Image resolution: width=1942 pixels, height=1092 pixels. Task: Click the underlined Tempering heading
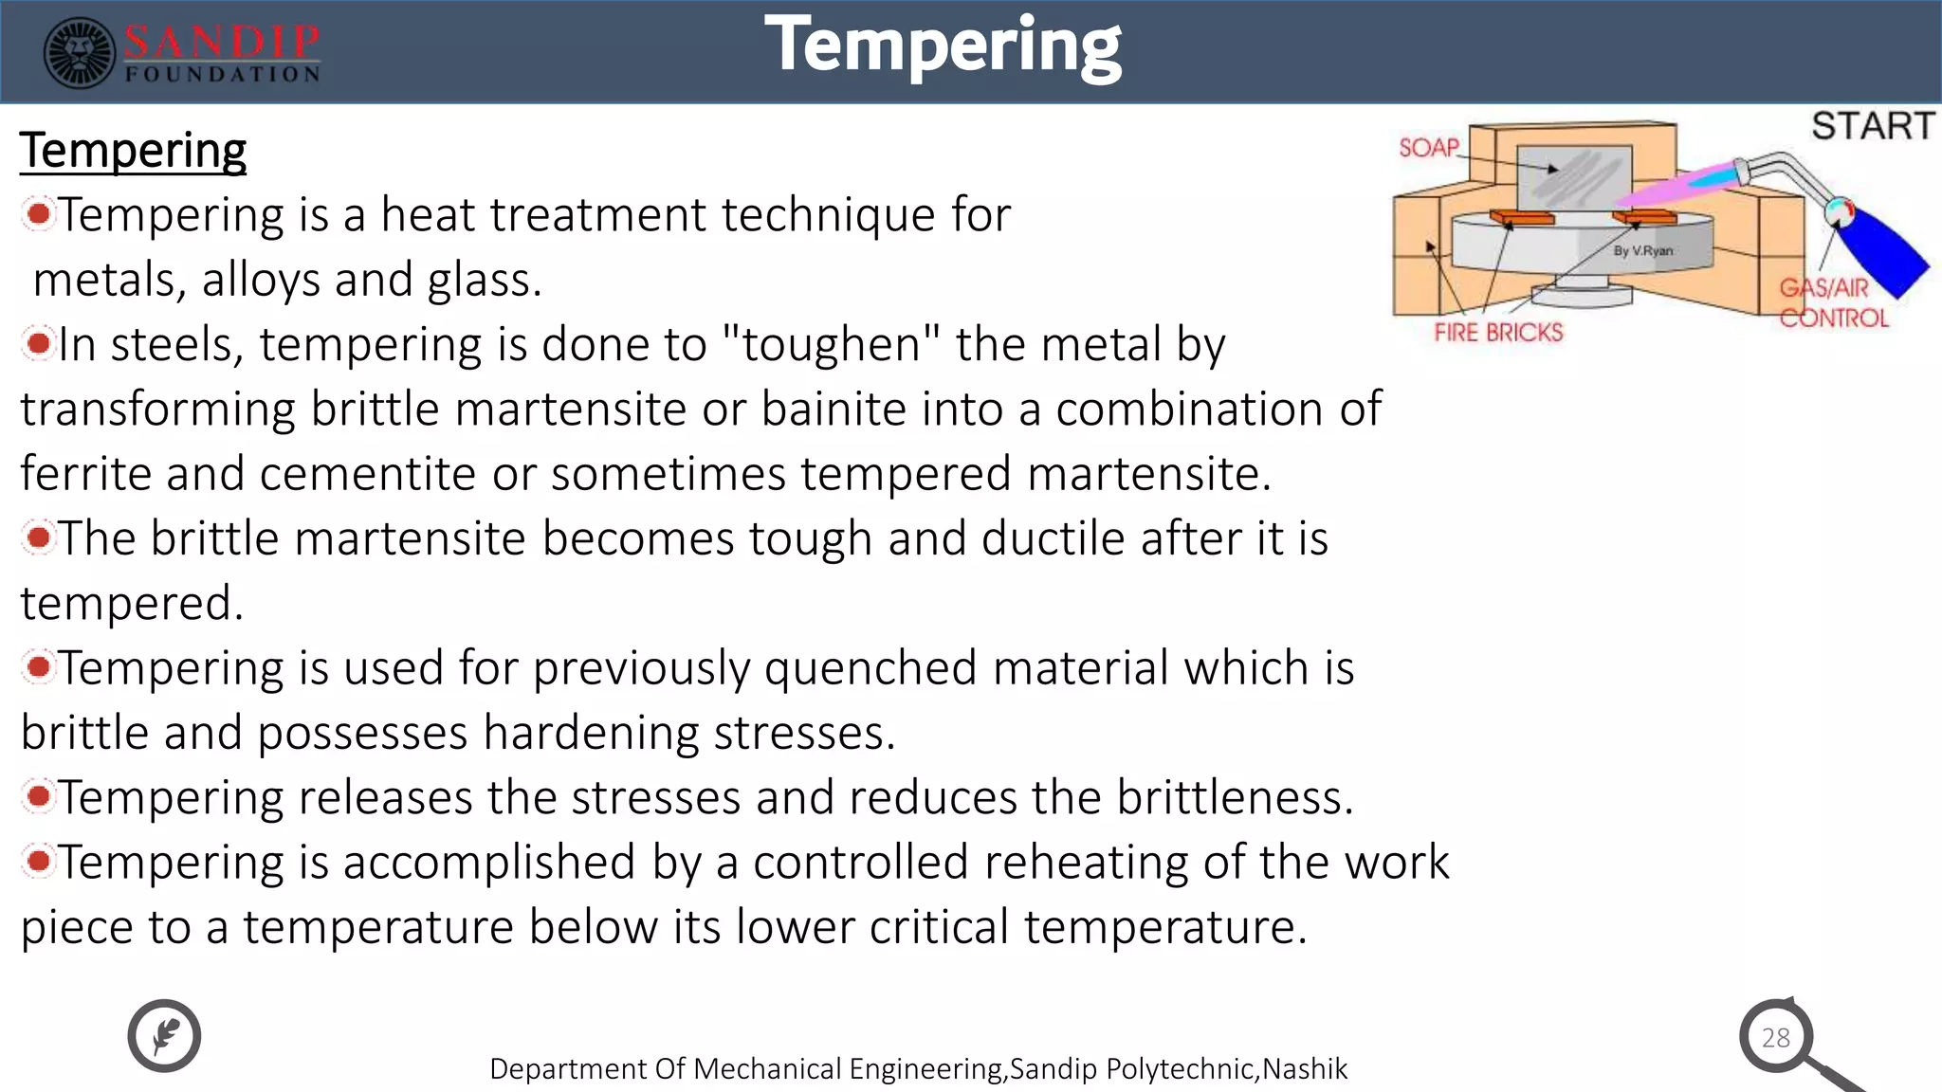133,151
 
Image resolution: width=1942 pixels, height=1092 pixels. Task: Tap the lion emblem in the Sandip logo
80,53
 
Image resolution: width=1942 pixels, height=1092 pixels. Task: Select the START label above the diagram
1872,126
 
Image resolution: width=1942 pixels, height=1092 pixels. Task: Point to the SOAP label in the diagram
1428,148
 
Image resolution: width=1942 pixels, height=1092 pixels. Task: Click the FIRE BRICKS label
1498,333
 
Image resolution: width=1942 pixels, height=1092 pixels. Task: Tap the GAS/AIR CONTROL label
1832,303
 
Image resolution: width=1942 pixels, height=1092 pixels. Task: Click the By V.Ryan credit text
1643,251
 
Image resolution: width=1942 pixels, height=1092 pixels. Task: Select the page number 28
1775,1038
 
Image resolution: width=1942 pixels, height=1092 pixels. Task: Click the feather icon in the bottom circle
164,1036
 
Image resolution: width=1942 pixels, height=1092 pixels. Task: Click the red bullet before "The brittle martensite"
39,538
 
